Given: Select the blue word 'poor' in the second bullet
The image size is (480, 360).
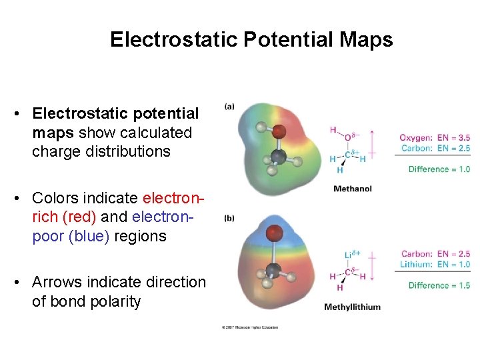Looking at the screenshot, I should [x=47, y=236].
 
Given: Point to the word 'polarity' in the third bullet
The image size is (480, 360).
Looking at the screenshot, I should [x=115, y=301].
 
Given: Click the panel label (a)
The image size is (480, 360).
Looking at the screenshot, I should [x=229, y=107].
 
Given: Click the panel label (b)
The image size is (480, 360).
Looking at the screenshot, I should [x=229, y=218].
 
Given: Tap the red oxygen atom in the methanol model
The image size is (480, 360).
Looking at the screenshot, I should [x=279, y=131].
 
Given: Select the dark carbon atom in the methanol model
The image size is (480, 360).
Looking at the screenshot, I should [x=279, y=157].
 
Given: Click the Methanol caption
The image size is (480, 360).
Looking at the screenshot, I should [x=353, y=189].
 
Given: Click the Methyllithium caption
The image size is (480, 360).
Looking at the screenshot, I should [x=353, y=307].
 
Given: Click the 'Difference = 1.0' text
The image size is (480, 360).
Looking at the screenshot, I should [x=439, y=169].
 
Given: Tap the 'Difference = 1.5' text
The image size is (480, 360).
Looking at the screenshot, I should [x=439, y=285].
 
